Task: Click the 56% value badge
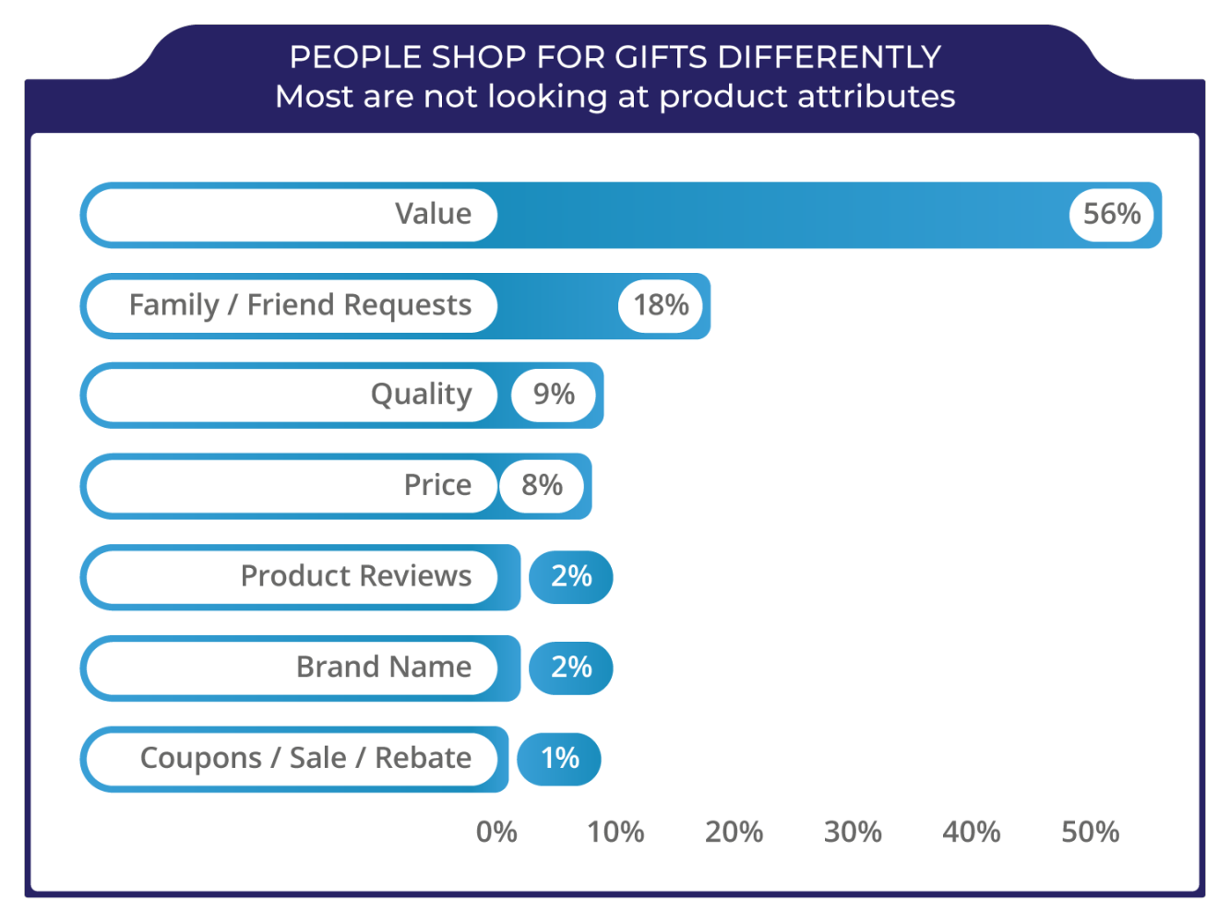coord(1111,214)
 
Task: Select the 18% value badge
coord(661,305)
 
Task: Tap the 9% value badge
coord(554,395)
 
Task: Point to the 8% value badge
coord(542,485)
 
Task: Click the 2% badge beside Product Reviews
coord(571,576)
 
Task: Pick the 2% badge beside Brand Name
coord(571,667)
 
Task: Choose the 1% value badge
coord(559,758)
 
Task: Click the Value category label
coord(433,214)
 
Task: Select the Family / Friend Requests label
coord(300,305)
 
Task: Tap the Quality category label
coord(421,395)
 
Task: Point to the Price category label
coord(437,485)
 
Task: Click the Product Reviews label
coord(355,576)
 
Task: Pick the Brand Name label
coord(383,667)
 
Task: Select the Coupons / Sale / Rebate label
coord(305,758)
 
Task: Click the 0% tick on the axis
coord(496,833)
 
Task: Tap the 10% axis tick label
coord(615,833)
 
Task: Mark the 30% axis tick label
coord(853,833)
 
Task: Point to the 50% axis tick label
coord(1090,833)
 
